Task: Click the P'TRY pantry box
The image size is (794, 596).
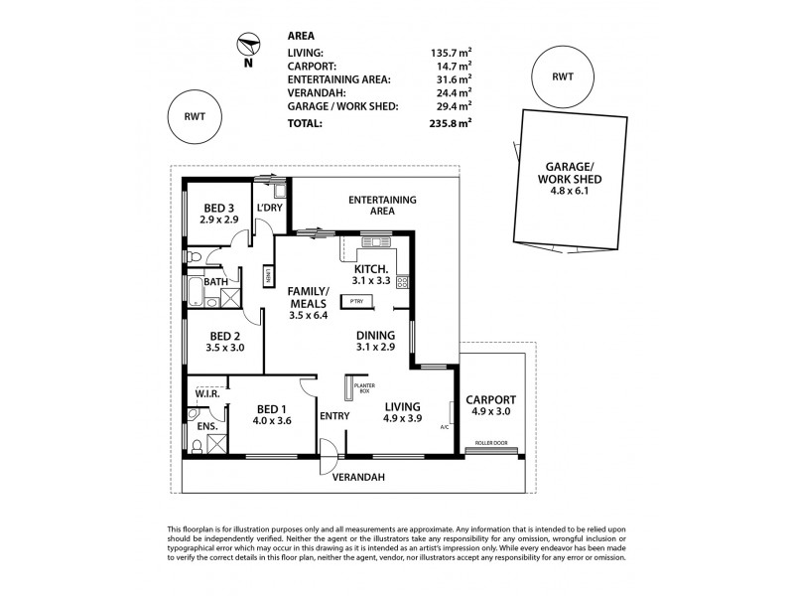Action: (354, 300)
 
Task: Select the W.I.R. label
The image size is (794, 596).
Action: (206, 393)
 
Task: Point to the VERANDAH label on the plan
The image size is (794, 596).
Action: (359, 478)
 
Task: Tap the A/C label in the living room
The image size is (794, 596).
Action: (446, 428)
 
